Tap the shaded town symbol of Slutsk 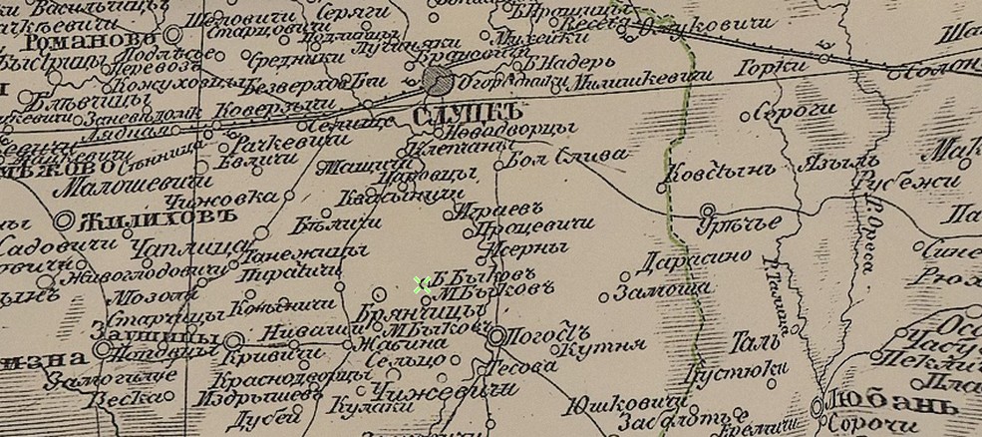(x=435, y=81)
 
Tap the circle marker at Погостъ (x=495, y=337)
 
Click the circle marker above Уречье (x=707, y=210)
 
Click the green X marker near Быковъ (x=422, y=285)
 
